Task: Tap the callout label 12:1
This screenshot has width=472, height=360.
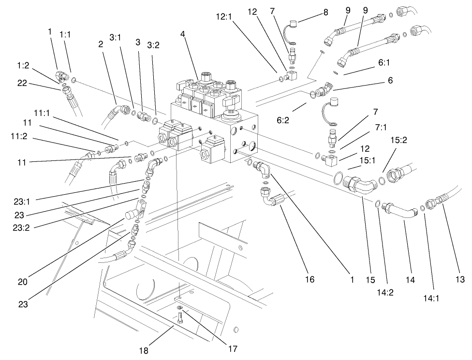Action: click(x=225, y=17)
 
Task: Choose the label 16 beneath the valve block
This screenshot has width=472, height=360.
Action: click(x=310, y=279)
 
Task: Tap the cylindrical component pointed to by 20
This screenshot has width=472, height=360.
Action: click(x=132, y=215)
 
